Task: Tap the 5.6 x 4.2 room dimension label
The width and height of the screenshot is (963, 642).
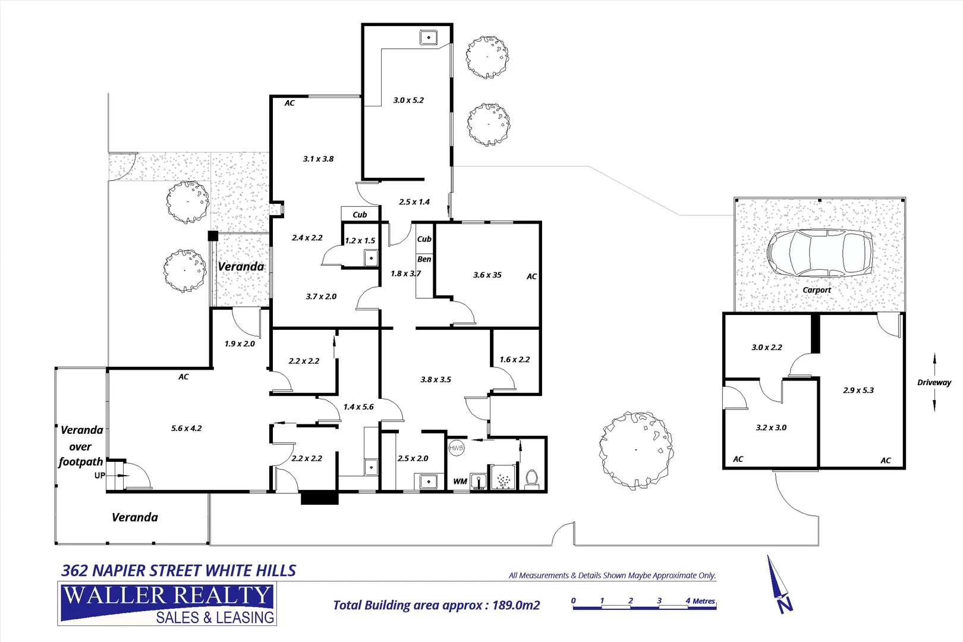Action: tap(186, 428)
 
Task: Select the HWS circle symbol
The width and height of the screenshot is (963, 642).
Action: tap(456, 448)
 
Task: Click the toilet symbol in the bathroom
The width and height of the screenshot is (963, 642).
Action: tap(532, 477)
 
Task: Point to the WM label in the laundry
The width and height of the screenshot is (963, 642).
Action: tap(460, 481)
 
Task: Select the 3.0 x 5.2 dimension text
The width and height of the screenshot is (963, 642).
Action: tap(408, 100)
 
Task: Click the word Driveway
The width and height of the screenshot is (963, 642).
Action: tap(934, 382)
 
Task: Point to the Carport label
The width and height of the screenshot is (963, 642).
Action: tap(817, 290)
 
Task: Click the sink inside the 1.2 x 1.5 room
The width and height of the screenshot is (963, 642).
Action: tap(371, 258)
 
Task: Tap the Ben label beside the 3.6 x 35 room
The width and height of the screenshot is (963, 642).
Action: tap(424, 259)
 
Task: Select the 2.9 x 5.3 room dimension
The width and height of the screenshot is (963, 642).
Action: tap(858, 390)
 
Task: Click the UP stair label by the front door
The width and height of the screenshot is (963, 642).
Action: tap(100, 476)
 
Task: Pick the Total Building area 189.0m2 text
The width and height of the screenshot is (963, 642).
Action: tap(436, 605)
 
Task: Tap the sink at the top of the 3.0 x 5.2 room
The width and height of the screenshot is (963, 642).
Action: tap(428, 37)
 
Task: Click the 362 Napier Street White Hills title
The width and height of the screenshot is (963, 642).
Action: tap(178, 571)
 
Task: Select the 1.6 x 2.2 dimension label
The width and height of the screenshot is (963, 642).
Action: tap(514, 360)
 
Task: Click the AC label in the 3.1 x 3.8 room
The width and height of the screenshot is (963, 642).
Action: tap(289, 103)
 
